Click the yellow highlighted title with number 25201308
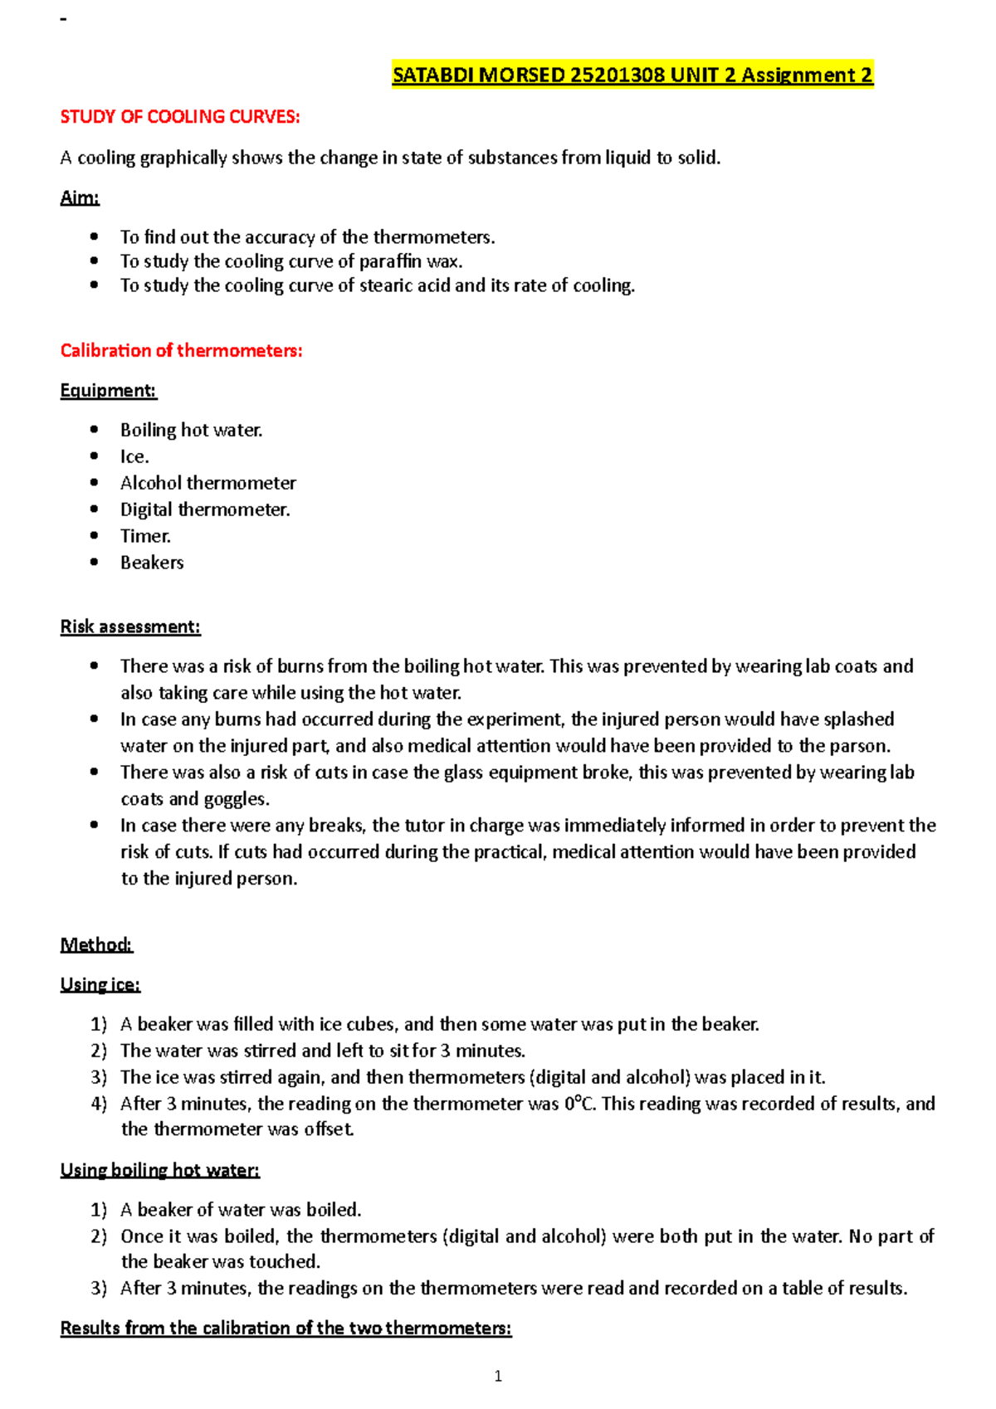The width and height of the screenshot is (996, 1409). pyautogui.click(x=632, y=76)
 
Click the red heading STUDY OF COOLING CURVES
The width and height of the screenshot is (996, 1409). pyautogui.click(x=179, y=117)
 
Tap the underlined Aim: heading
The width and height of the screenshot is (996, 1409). pyautogui.click(x=80, y=198)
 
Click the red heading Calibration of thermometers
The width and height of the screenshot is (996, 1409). pyautogui.click(x=181, y=351)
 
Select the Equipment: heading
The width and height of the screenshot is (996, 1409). pyautogui.click(x=108, y=391)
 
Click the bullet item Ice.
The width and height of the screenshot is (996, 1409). pyautogui.click(x=134, y=457)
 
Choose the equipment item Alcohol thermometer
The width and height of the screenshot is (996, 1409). pyautogui.click(x=207, y=483)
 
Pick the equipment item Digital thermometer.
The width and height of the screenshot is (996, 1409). pyautogui.click(x=205, y=509)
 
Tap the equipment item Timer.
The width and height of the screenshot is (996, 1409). pyautogui.click(x=145, y=536)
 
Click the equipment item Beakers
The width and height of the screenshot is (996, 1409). pyautogui.click(x=152, y=563)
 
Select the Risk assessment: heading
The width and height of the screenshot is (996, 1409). pyautogui.click(x=130, y=627)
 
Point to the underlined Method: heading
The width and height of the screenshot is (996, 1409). pyautogui.click(x=96, y=945)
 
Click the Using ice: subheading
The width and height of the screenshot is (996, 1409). pyautogui.click(x=100, y=985)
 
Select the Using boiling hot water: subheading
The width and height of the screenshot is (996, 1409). pyautogui.click(x=159, y=1171)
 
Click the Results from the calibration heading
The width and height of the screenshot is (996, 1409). pyautogui.click(x=286, y=1329)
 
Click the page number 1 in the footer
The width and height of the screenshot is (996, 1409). pyautogui.click(x=498, y=1377)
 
